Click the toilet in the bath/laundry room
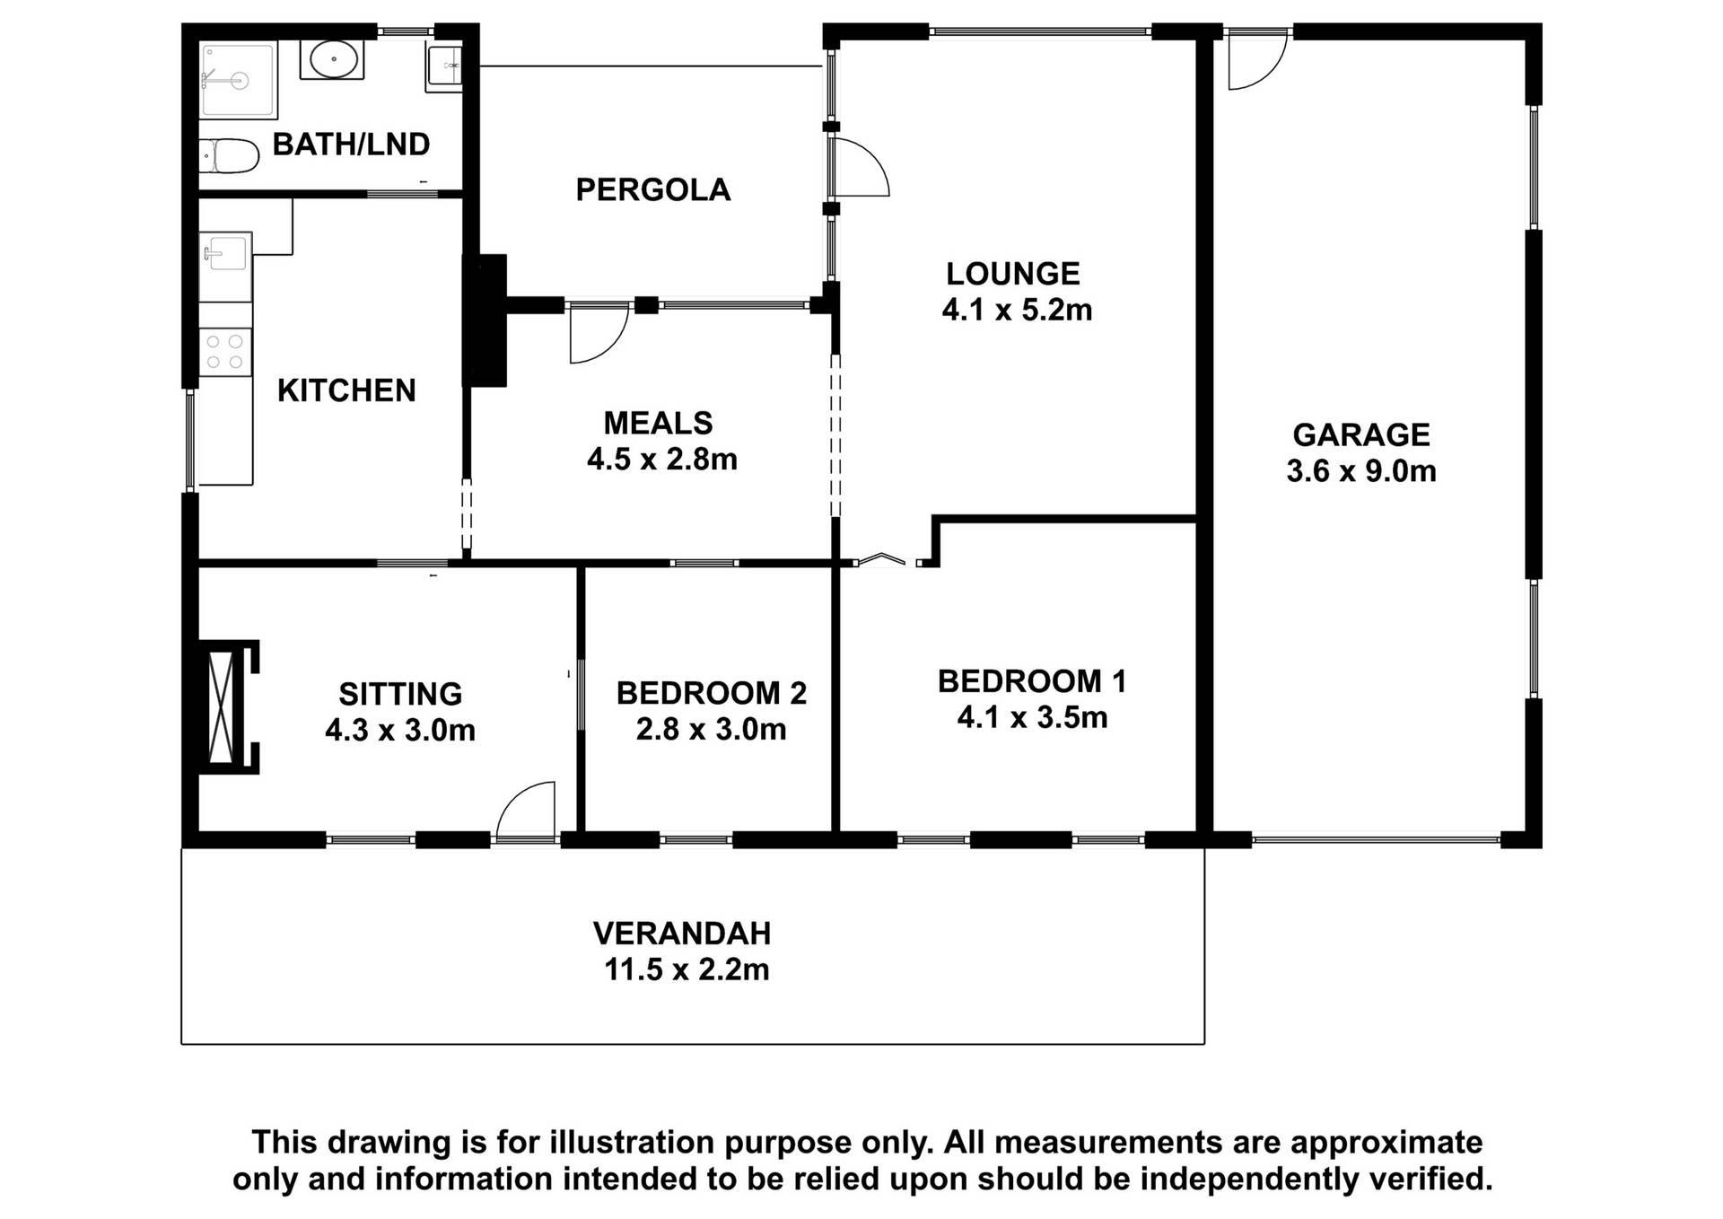click(x=229, y=156)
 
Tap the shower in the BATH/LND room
click(x=238, y=79)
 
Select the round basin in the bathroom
click(x=332, y=60)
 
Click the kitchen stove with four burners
click(x=224, y=351)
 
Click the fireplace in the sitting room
click(x=223, y=706)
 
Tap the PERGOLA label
click(x=652, y=190)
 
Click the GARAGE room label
click(x=1360, y=434)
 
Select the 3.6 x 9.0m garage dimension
click(x=1360, y=471)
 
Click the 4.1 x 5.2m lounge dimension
click(x=1016, y=311)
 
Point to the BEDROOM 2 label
click(x=711, y=693)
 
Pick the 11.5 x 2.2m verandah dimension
click(x=687, y=970)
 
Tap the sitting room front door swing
click(x=526, y=811)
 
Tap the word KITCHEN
click(x=346, y=390)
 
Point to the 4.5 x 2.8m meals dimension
click(x=661, y=460)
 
